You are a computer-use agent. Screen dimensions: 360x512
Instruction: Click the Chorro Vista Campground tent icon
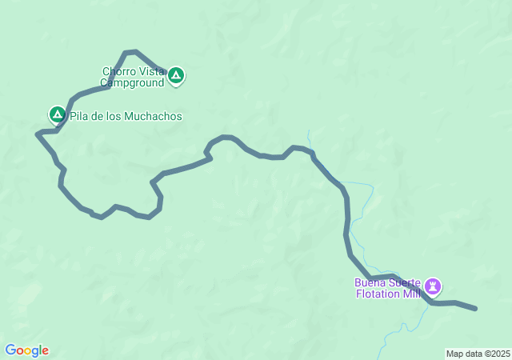click(176, 77)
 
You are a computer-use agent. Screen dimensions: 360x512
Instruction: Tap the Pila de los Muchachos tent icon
click(57, 115)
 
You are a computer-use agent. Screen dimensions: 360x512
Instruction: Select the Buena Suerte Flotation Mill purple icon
click(433, 286)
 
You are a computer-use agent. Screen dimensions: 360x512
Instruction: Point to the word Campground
click(132, 82)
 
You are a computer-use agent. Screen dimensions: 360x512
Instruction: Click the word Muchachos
click(154, 116)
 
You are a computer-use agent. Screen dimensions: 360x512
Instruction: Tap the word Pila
click(79, 116)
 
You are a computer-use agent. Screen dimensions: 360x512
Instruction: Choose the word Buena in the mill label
click(372, 282)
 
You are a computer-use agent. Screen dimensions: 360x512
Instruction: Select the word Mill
click(411, 294)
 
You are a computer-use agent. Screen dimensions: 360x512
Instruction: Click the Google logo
click(26, 350)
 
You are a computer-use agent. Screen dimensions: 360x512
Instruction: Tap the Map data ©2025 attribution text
click(477, 354)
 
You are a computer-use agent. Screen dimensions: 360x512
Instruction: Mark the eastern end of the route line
click(476, 308)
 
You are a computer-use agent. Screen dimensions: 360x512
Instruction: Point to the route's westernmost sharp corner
click(38, 134)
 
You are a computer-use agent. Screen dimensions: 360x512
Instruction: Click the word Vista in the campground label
click(150, 70)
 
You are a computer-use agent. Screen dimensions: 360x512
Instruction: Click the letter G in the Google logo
click(10, 350)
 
